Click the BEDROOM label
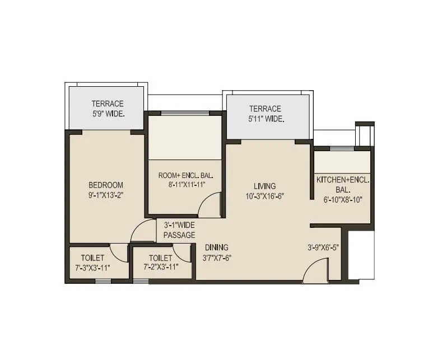pyautogui.click(x=106, y=185)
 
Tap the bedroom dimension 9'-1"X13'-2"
pyautogui.click(x=106, y=195)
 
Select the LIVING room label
pyautogui.click(x=265, y=186)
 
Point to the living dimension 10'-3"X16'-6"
pyautogui.click(x=265, y=196)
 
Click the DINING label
pyautogui.click(x=216, y=247)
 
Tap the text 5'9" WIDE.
pyautogui.click(x=108, y=114)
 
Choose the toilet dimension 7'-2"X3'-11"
pyautogui.click(x=161, y=268)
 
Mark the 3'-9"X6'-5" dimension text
pyautogui.click(x=323, y=247)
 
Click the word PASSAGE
pyautogui.click(x=179, y=235)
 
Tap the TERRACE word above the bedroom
pyautogui.click(x=108, y=104)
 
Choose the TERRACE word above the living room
pyautogui.click(x=265, y=109)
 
